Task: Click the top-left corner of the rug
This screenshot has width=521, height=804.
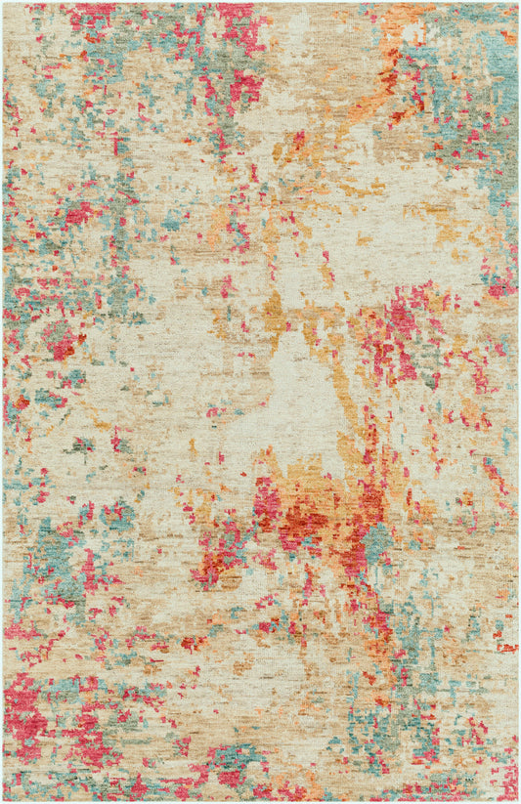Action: coord(3,3)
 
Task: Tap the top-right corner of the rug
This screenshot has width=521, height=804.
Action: coord(518,3)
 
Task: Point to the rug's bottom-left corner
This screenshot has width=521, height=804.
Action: coord(3,801)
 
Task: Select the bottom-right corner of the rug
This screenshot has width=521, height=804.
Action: coord(518,801)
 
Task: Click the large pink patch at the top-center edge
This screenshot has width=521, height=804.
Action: coord(239,24)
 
